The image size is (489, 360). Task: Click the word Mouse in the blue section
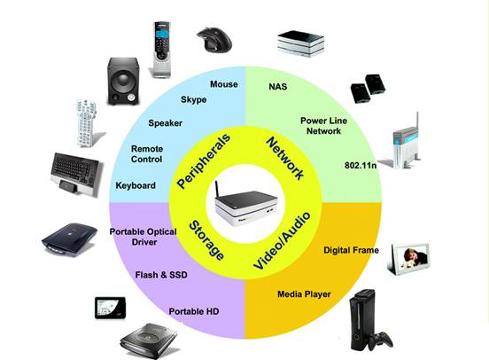tap(224, 84)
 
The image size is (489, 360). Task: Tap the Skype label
tap(194, 99)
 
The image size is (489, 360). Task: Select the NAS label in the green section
tap(278, 87)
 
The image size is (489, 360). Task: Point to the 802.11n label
tap(361, 165)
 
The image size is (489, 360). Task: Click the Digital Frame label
tap(351, 250)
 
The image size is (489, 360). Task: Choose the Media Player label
tap(304, 294)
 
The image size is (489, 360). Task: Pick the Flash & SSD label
tap(161, 275)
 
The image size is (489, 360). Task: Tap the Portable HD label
tap(194, 311)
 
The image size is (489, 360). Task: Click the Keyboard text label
tap(136, 185)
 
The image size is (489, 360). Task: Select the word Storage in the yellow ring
tap(206, 239)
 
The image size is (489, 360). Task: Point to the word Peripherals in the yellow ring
tap(204, 160)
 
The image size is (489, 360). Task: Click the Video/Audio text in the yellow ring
tap(283, 240)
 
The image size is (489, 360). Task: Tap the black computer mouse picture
tap(214, 39)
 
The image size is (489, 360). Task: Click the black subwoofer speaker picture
tap(122, 81)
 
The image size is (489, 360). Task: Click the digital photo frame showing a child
tap(408, 259)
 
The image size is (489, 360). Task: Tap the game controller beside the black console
tap(381, 340)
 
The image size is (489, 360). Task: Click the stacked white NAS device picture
tap(300, 43)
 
